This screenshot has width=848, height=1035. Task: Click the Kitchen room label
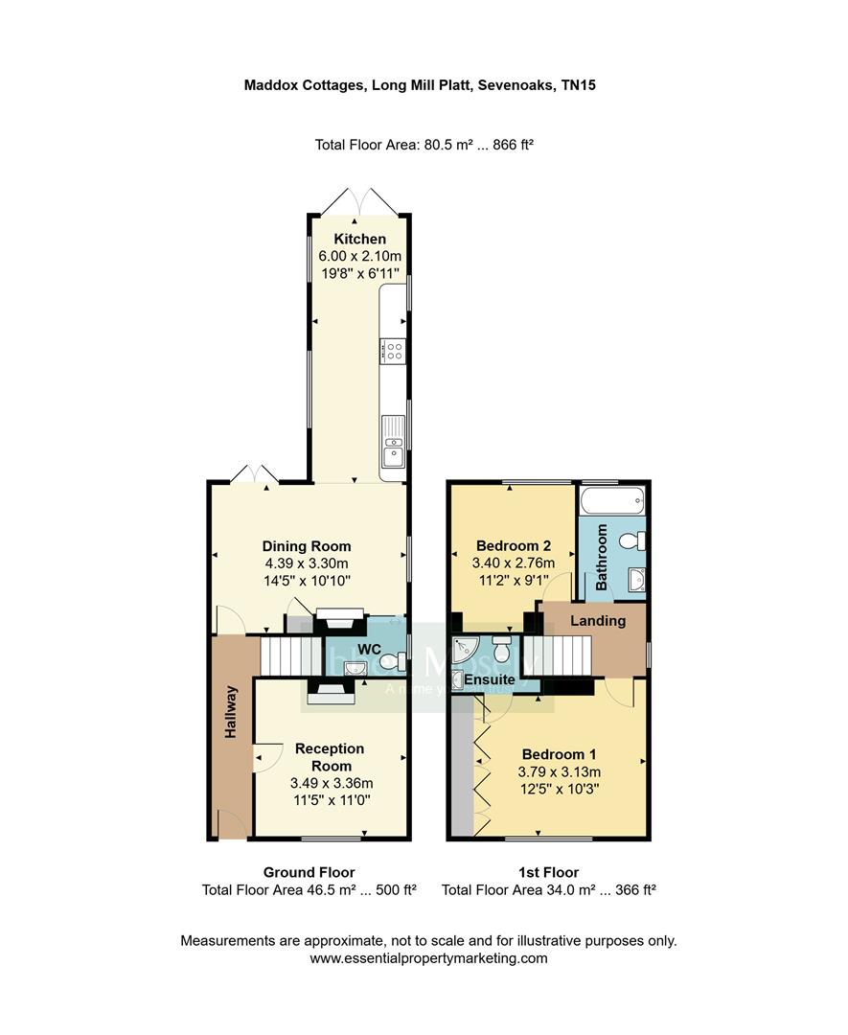pos(359,239)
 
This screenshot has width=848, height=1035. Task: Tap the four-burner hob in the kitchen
pos(393,351)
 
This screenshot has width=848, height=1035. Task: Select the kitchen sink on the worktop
pos(393,450)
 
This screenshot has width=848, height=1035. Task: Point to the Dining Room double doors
pos(255,473)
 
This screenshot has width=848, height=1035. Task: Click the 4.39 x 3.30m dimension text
pos(307,563)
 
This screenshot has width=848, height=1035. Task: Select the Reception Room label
pos(330,757)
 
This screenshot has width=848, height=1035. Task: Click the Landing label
pos(598,621)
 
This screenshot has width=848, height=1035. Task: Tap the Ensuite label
pos(490,679)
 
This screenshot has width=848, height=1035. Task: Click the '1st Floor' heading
pos(548,872)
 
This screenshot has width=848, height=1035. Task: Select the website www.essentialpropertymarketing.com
pos(428,958)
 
